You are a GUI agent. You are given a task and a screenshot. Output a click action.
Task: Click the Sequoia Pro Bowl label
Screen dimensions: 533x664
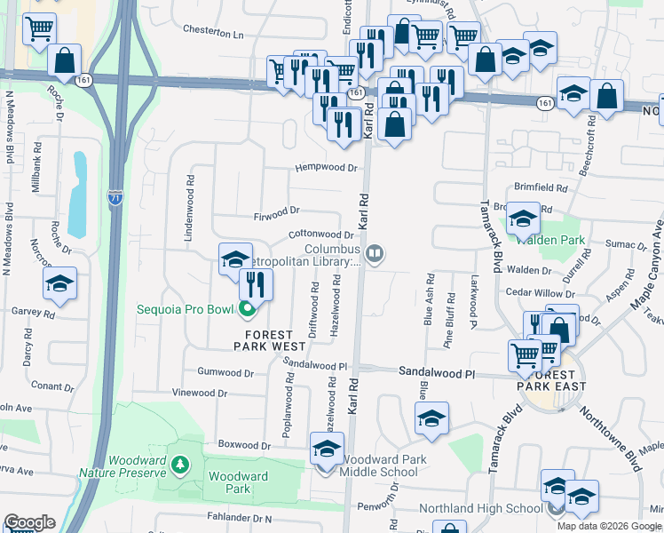coord(185,309)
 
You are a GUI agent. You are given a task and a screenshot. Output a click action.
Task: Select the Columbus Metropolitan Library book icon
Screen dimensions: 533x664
coord(375,256)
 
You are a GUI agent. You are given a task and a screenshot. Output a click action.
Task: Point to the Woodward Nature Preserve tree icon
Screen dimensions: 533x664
coord(181,465)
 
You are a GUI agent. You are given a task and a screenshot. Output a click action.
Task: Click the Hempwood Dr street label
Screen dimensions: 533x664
coord(326,167)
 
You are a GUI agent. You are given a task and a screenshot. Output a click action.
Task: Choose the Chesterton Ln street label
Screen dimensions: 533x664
coord(212,33)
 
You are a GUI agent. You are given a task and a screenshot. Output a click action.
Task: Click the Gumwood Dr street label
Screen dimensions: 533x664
coord(225,370)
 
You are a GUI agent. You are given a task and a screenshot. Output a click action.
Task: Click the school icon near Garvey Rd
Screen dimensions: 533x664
coord(60,283)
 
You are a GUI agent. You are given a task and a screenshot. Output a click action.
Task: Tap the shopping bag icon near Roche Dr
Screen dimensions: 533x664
coord(66,61)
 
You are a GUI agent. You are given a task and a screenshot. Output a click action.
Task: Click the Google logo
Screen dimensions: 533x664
coord(29,522)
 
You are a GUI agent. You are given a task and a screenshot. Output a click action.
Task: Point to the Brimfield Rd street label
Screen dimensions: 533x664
coord(541,188)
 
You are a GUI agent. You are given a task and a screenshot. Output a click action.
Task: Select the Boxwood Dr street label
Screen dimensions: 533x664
coord(243,445)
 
